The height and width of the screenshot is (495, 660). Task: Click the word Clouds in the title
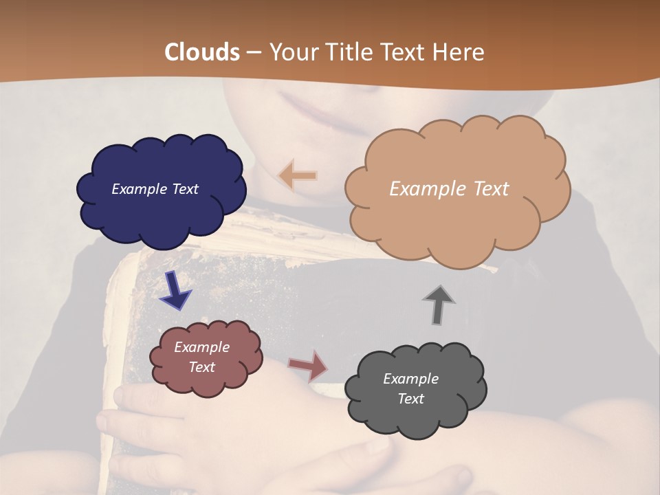point(202,52)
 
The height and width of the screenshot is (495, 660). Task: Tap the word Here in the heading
point(460,52)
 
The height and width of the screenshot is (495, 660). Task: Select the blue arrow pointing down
point(175,290)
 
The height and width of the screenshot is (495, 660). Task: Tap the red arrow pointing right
point(308,366)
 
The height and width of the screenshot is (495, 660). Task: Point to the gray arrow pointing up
point(438,304)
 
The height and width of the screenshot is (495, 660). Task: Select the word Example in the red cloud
point(201,347)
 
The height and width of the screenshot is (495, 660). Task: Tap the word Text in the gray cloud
point(410,399)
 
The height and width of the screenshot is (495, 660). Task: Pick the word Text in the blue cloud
point(185,189)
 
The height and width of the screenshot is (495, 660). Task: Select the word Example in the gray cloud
point(410,379)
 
